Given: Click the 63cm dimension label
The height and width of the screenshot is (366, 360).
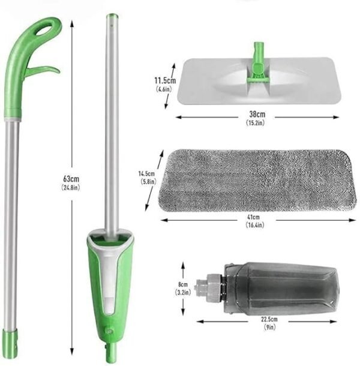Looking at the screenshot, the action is pyautogui.click(x=71, y=179).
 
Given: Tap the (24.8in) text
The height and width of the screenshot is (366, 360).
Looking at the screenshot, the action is pyautogui.click(x=71, y=187).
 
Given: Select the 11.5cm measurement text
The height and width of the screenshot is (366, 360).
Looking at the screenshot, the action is pyautogui.click(x=165, y=81).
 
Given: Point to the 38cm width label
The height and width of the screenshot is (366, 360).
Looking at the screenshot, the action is pyautogui.click(x=257, y=114).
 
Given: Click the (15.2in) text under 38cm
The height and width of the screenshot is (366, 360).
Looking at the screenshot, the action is pyautogui.click(x=256, y=123).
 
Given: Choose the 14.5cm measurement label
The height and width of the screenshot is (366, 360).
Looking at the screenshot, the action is pyautogui.click(x=146, y=173).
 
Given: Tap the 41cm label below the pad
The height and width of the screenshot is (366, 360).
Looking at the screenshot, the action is pyautogui.click(x=253, y=217).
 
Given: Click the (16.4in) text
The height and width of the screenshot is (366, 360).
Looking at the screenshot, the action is pyautogui.click(x=255, y=225).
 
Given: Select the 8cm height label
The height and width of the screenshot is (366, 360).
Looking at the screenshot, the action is pyautogui.click(x=183, y=284).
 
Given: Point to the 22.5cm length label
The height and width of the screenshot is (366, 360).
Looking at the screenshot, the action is pyautogui.click(x=269, y=319).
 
